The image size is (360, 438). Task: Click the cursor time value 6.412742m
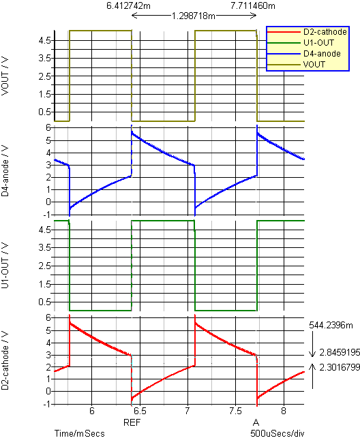pyautogui.click(x=129, y=5)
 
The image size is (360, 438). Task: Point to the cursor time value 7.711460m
pyautogui.click(x=253, y=5)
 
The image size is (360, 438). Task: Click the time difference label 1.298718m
pyautogui.click(x=194, y=16)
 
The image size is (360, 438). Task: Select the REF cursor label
pyautogui.click(x=132, y=422)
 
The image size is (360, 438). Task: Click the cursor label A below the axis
pyautogui.click(x=256, y=422)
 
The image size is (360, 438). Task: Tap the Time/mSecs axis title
pyautogui.click(x=79, y=433)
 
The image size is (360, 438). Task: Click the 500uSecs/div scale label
pyautogui.click(x=277, y=433)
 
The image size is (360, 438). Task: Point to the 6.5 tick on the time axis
pyautogui.click(x=140, y=411)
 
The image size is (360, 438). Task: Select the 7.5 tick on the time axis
pyautogui.click(x=235, y=411)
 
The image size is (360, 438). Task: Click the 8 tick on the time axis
pyautogui.click(x=284, y=411)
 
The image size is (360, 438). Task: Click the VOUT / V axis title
pyautogui.click(x=5, y=76)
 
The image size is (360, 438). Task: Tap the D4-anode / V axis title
pyautogui.click(x=5, y=171)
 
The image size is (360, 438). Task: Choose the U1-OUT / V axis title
pyautogui.click(x=5, y=266)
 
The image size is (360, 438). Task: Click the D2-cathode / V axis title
pyautogui.click(x=5, y=360)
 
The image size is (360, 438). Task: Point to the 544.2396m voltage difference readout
pyautogui.click(x=331, y=325)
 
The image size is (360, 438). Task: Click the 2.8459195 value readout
pyautogui.click(x=340, y=353)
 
